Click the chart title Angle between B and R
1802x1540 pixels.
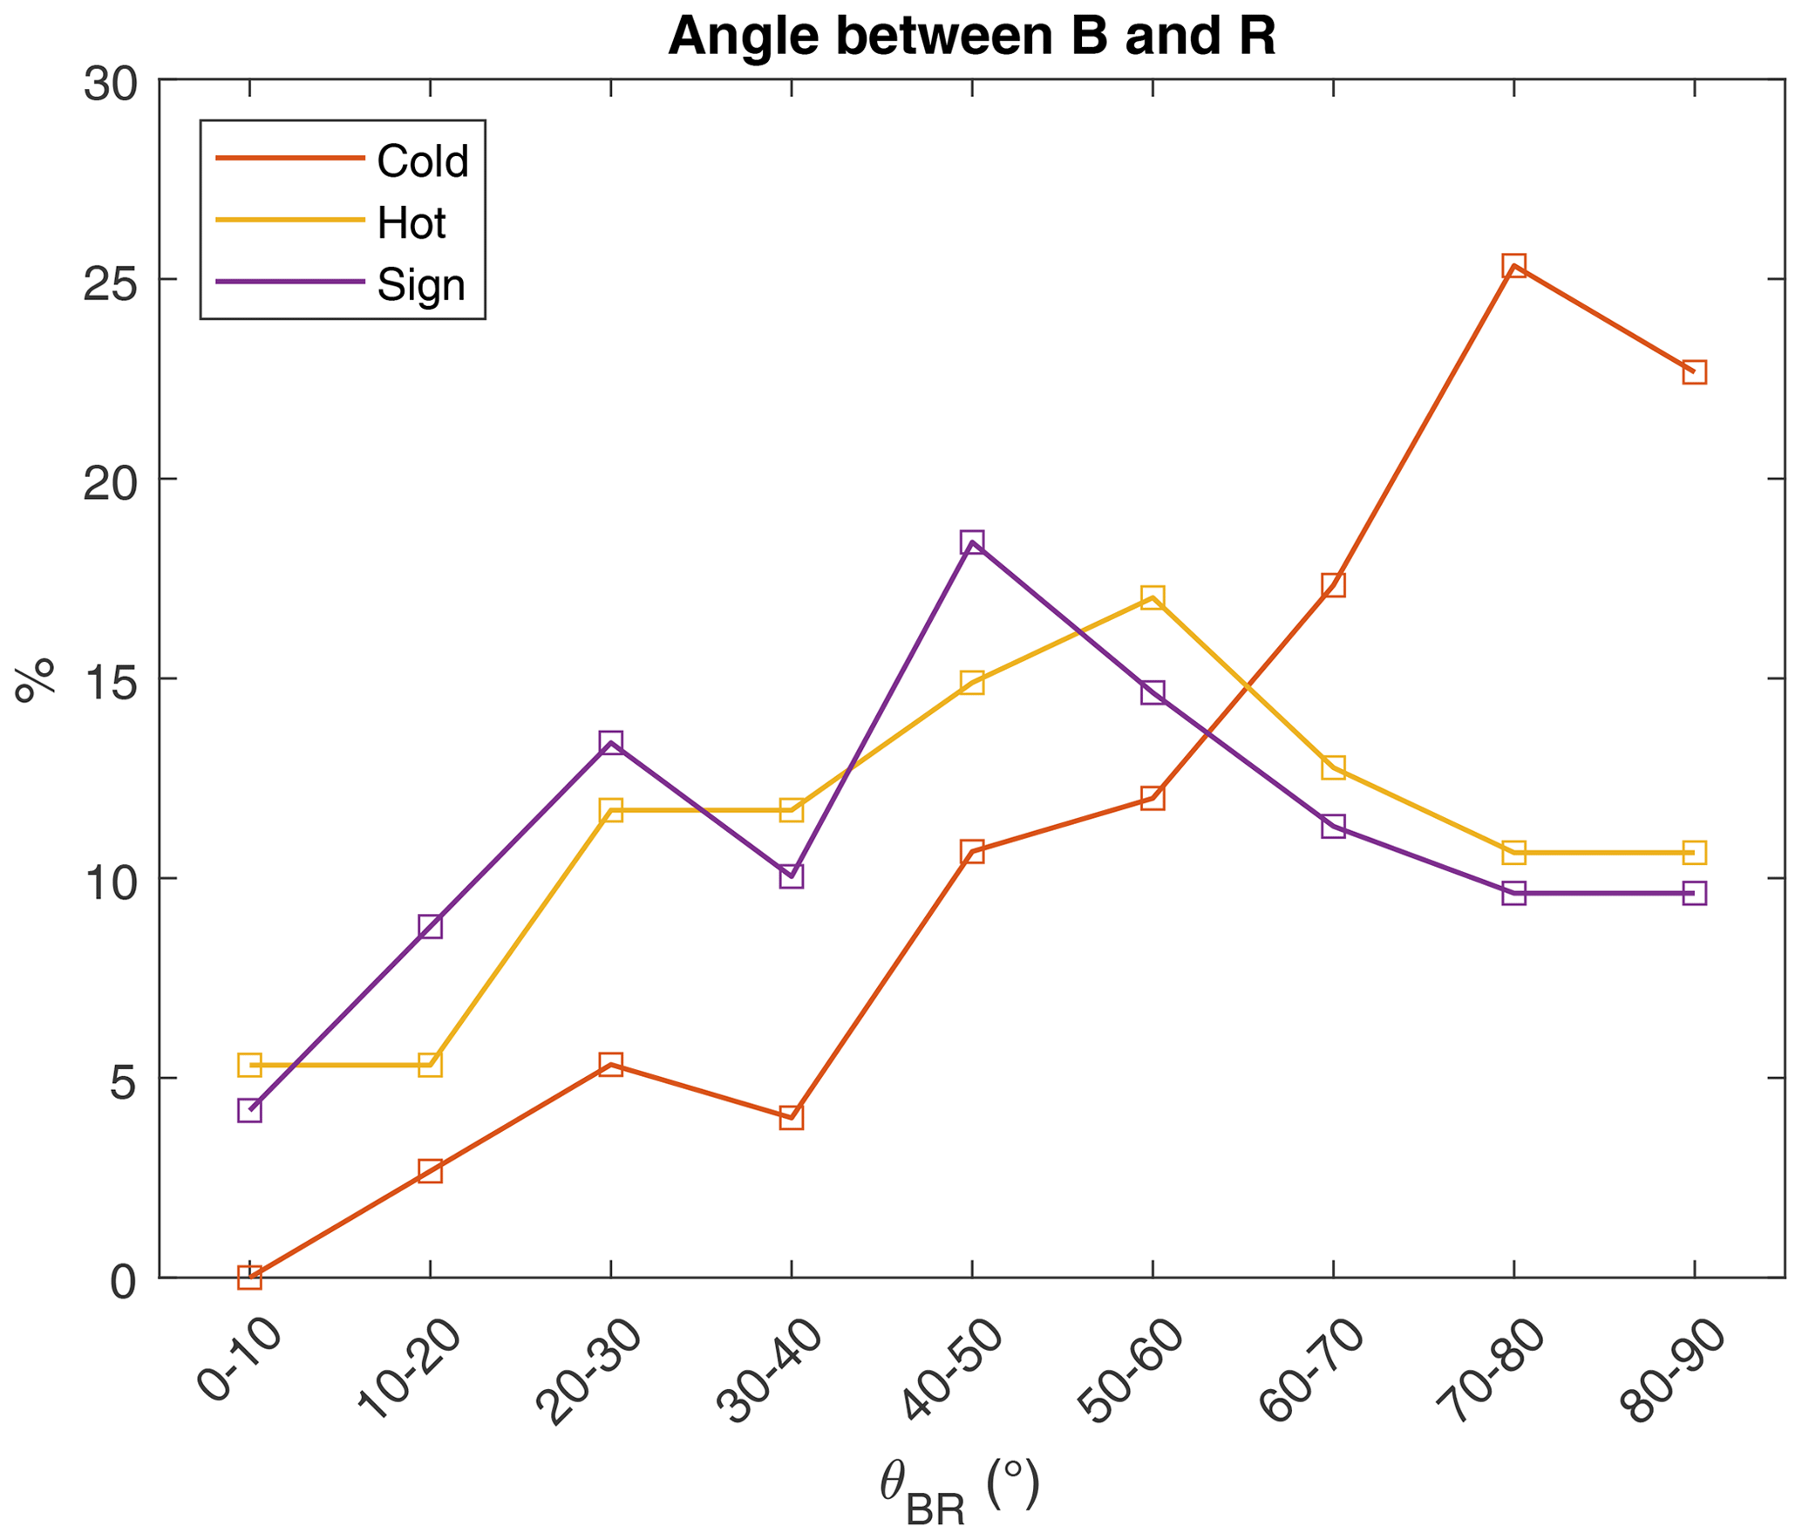pyautogui.click(x=971, y=37)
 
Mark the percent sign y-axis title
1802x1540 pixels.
pyautogui.click(x=35, y=680)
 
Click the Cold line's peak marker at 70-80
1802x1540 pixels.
pyautogui.click(x=1513, y=266)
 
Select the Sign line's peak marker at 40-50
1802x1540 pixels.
pyautogui.click(x=972, y=542)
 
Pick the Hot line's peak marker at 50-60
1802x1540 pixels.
pyautogui.click(x=1153, y=597)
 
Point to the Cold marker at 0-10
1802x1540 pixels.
pyautogui.click(x=250, y=1278)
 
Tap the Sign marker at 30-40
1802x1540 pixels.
pyautogui.click(x=792, y=876)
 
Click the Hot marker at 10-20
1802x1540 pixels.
pyautogui.click(x=430, y=1065)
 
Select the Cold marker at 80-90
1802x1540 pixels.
pyautogui.click(x=1694, y=372)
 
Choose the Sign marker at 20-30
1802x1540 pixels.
pyautogui.click(x=611, y=742)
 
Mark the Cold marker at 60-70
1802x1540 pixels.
pyautogui.click(x=1333, y=584)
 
